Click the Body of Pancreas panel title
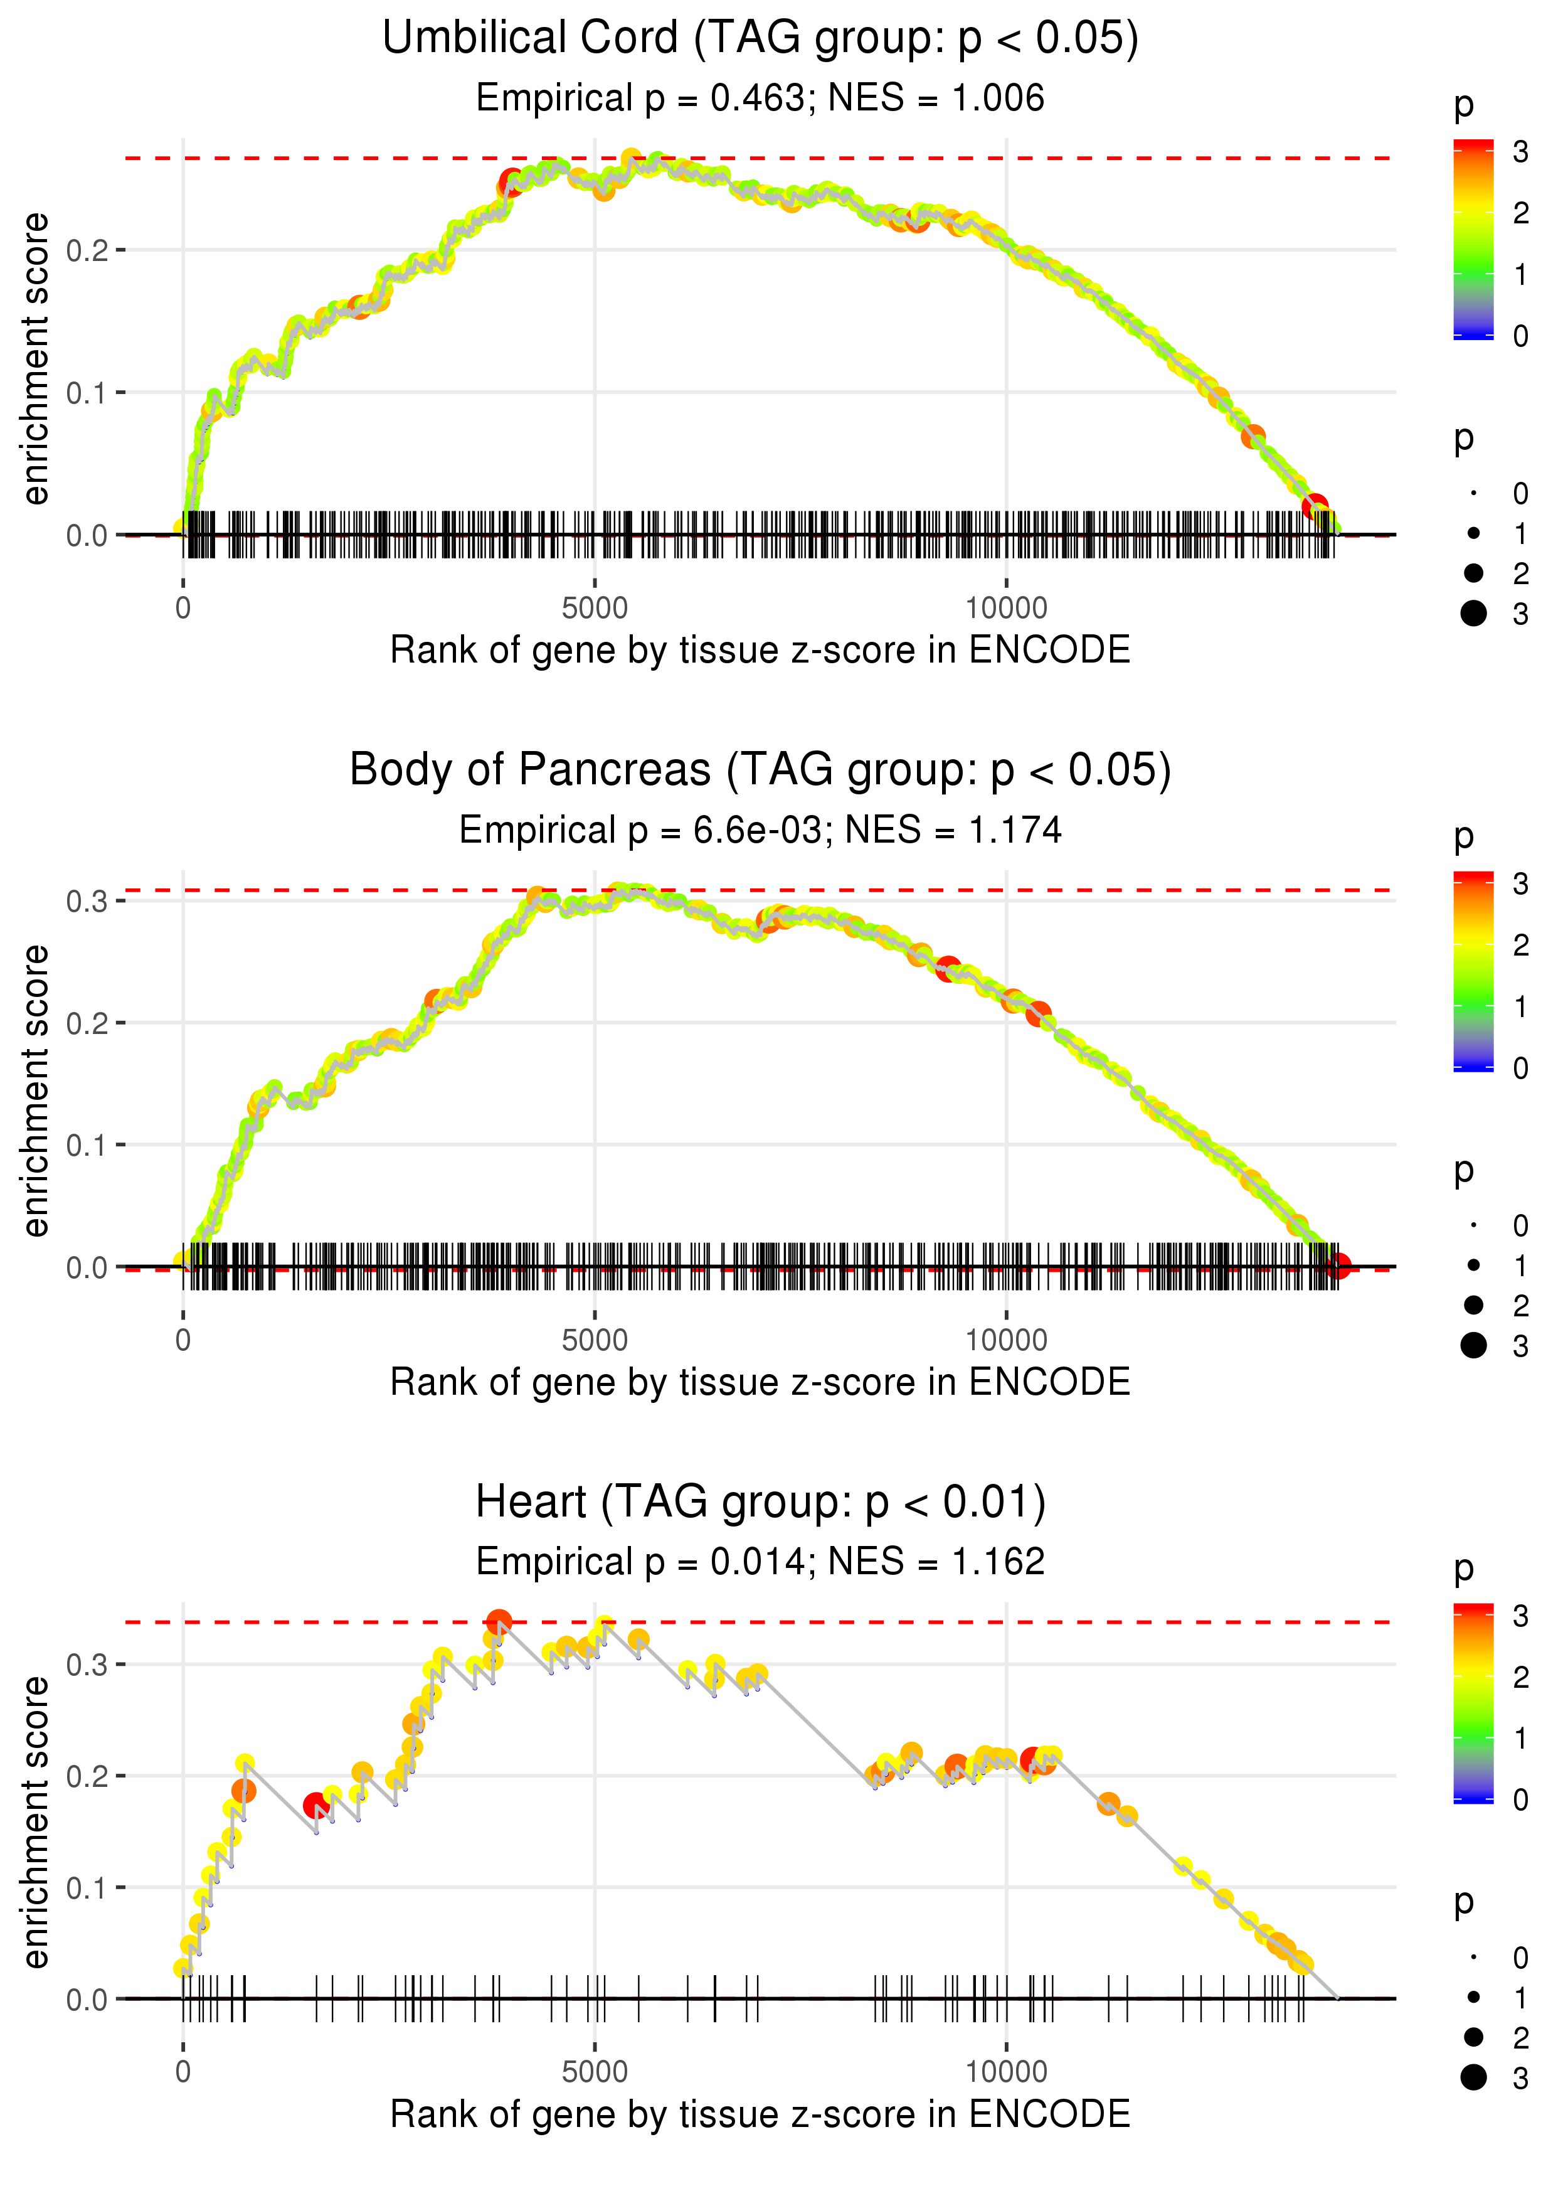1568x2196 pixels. point(760,770)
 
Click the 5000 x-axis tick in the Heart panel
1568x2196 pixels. point(595,2071)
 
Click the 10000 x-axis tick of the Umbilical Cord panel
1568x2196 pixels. point(1006,609)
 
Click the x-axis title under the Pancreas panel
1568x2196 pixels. point(760,1382)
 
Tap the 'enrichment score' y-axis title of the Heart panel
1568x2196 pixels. point(36,1821)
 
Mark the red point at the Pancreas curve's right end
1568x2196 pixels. point(1337,1266)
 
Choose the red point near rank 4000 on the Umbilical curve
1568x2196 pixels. point(511,181)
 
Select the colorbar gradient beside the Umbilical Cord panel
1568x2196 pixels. point(1473,240)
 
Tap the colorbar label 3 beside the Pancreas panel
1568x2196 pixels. point(1521,883)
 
